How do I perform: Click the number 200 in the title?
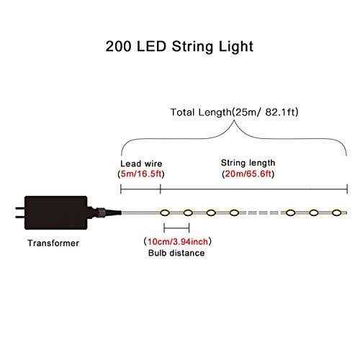pos(118,46)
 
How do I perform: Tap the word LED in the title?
pos(151,46)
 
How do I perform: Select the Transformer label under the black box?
pos(53,243)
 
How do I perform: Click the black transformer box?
pos(56,212)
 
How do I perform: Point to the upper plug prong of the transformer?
pos(19,208)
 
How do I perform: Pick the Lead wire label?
pos(141,163)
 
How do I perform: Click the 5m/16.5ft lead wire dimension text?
pos(141,174)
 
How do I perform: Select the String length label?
pos(248,163)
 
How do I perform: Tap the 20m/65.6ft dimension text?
pos(248,174)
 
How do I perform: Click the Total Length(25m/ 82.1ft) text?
pos(234,112)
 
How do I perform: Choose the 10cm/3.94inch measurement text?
pos(178,241)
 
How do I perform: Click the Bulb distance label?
pos(176,253)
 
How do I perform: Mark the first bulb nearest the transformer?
pos(165,212)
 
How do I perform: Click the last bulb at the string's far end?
pos(337,212)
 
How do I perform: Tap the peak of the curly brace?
pos(234,120)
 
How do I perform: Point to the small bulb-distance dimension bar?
pos(176,228)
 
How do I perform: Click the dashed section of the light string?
pos(262,212)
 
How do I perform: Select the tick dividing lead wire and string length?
pos(160,189)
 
